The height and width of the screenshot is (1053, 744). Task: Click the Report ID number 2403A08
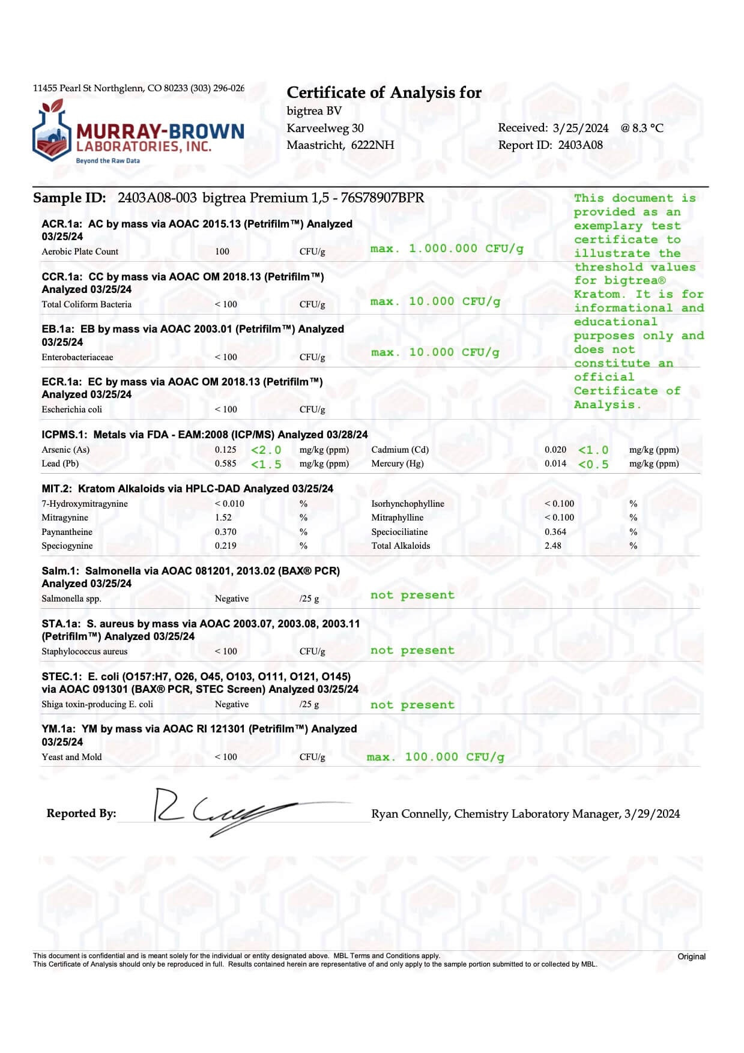point(580,145)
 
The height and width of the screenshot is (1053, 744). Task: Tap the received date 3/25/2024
point(580,128)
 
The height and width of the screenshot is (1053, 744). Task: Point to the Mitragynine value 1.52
point(223,517)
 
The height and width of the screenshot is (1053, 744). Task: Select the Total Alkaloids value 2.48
point(553,546)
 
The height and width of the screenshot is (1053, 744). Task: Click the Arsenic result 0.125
point(225,450)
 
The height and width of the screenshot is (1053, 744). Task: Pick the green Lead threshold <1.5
point(266,464)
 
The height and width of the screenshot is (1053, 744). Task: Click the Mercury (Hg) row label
point(397,463)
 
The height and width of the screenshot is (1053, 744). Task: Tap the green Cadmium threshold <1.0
point(593,450)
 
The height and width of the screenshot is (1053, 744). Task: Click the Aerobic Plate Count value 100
point(222,252)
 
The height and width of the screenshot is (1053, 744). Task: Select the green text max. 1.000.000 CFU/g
point(447,249)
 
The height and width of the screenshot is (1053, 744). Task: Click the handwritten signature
point(222,811)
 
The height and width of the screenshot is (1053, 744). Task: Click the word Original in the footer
point(691,956)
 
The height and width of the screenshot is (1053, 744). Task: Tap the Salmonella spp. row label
point(71,599)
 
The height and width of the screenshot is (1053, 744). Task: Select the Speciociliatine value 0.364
point(555,532)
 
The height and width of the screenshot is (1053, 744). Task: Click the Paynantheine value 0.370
point(225,532)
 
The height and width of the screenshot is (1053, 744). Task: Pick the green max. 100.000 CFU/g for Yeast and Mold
point(435,757)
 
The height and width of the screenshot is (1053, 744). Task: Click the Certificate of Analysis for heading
point(384,92)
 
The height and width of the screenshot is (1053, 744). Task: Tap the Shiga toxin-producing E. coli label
point(97,704)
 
